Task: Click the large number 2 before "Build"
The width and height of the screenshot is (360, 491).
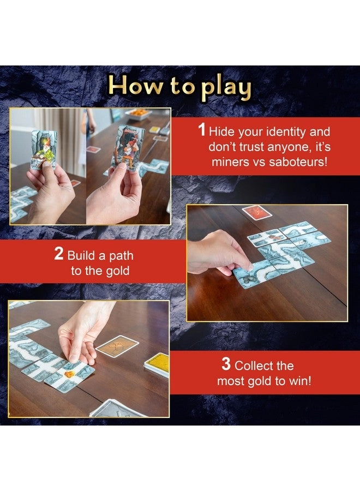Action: point(59,255)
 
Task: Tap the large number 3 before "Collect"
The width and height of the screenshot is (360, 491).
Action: point(226,365)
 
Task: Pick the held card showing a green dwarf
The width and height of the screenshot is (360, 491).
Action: point(44,148)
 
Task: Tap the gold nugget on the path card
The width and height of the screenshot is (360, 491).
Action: point(70,374)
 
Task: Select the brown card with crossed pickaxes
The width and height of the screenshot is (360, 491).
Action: point(117,346)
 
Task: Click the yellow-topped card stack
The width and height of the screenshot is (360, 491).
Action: point(157,364)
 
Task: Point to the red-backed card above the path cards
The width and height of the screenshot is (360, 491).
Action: point(257,212)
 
